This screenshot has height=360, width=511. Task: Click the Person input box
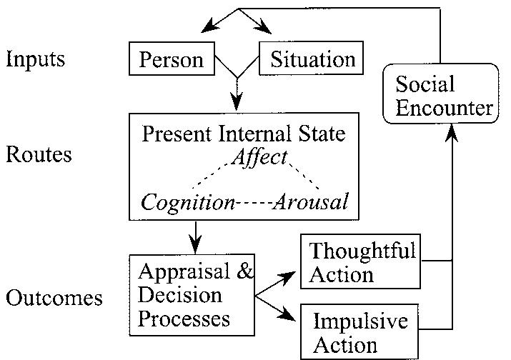coord(171,59)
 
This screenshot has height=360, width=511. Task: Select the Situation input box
coord(312,59)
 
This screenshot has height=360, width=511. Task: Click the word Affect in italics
coord(259,156)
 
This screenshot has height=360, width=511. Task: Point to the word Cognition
coord(188,202)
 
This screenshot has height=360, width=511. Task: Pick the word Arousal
coord(313,202)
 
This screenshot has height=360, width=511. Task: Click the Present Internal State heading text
coord(244,134)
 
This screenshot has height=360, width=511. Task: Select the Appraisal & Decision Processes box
coord(191,294)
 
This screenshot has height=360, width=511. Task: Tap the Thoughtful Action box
coord(362,262)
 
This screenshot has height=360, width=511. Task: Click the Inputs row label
coord(36,59)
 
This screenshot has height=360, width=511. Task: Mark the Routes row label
coord(39,154)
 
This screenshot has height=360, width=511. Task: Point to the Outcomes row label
coord(54,297)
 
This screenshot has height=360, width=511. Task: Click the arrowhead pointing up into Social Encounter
coord(452,133)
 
